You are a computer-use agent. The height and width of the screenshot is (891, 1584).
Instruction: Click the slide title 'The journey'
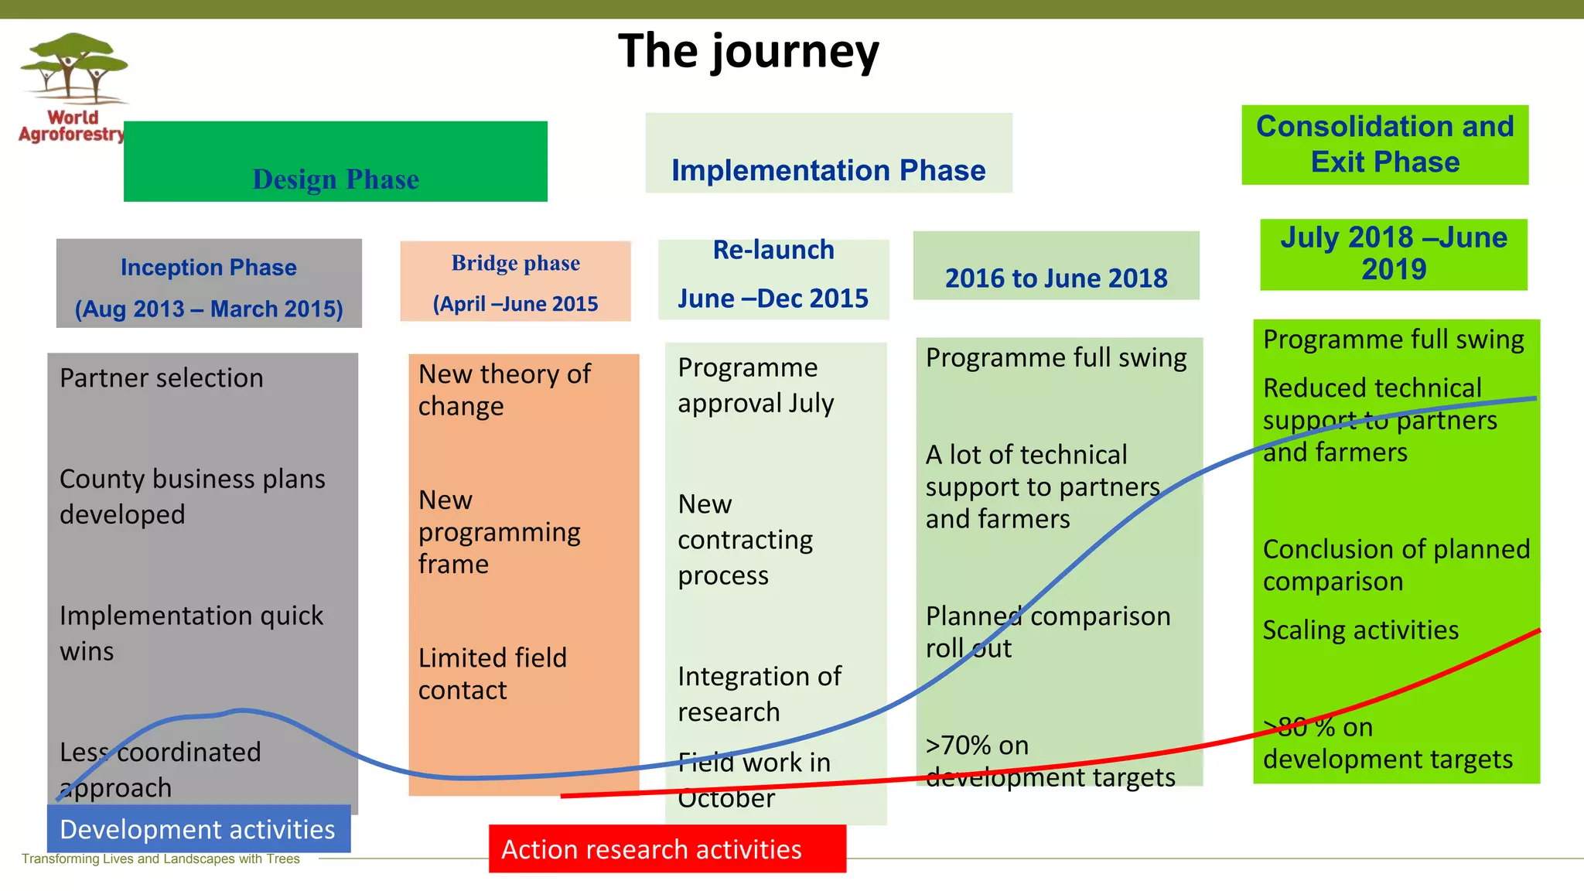[748, 52]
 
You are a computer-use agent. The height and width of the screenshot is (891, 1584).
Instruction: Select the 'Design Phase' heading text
[336, 179]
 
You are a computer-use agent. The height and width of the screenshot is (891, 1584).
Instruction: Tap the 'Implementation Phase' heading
[828, 170]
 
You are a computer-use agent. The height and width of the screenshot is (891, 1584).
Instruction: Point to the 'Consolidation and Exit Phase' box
[1384, 145]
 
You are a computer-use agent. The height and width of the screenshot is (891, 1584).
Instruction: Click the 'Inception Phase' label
[209, 268]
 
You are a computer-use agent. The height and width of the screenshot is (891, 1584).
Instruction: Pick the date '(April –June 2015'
[515, 304]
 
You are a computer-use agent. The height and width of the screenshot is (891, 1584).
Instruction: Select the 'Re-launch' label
[773, 250]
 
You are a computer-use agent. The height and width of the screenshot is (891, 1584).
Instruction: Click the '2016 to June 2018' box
[1056, 277]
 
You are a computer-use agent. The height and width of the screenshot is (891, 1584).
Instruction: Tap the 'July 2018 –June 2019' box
[1393, 254]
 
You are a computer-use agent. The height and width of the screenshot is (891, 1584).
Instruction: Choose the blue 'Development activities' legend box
[198, 829]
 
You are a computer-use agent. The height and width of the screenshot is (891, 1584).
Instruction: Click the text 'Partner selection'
[162, 378]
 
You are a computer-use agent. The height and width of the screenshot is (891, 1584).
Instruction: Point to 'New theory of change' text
[504, 390]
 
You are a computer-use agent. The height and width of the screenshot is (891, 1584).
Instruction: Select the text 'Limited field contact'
[493, 674]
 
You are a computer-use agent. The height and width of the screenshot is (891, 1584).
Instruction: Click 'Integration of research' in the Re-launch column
[759, 694]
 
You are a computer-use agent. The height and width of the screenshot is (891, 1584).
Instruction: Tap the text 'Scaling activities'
[1360, 630]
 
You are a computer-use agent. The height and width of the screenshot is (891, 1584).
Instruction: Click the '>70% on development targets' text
[1050, 761]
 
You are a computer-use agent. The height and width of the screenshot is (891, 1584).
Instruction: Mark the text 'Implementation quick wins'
[191, 633]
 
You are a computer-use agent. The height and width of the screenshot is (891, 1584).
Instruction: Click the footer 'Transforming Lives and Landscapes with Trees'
[161, 859]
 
